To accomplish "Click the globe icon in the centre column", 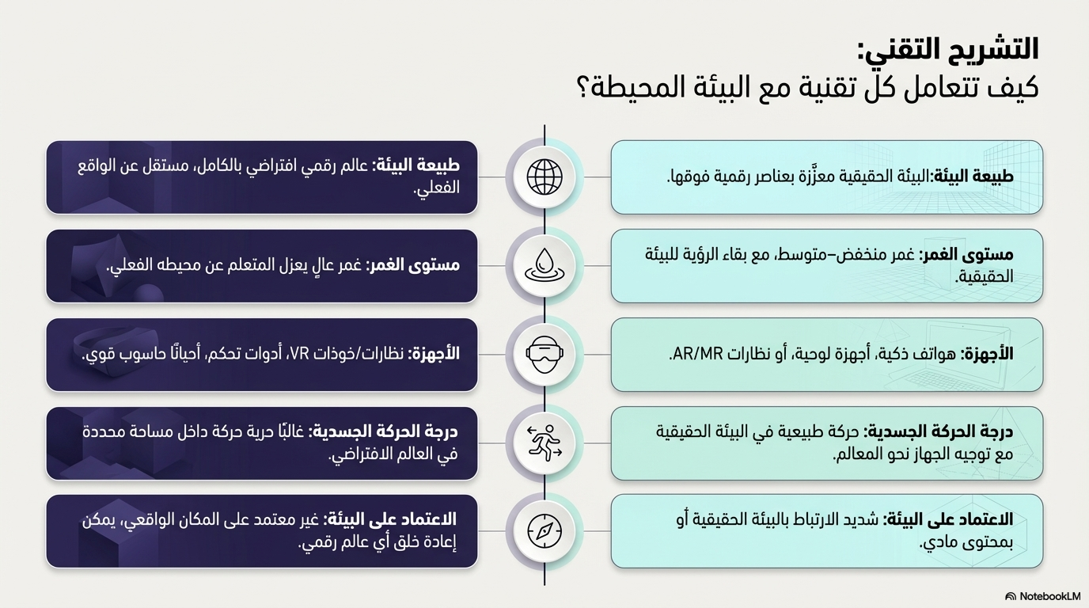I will pyautogui.click(x=544, y=177).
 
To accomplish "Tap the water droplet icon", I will pyautogui.click(x=544, y=265).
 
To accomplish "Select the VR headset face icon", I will pyautogui.click(x=544, y=354).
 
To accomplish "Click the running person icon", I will pyautogui.click(x=544, y=443).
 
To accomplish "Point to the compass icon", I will pyautogui.click(x=544, y=530).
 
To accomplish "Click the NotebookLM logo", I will pyautogui.click(x=1042, y=596).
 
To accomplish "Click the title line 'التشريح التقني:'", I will pyautogui.click(x=947, y=49).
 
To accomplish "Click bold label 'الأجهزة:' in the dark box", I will pyautogui.click(x=434, y=354).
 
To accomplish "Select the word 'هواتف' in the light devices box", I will pyautogui.click(x=934, y=354).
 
